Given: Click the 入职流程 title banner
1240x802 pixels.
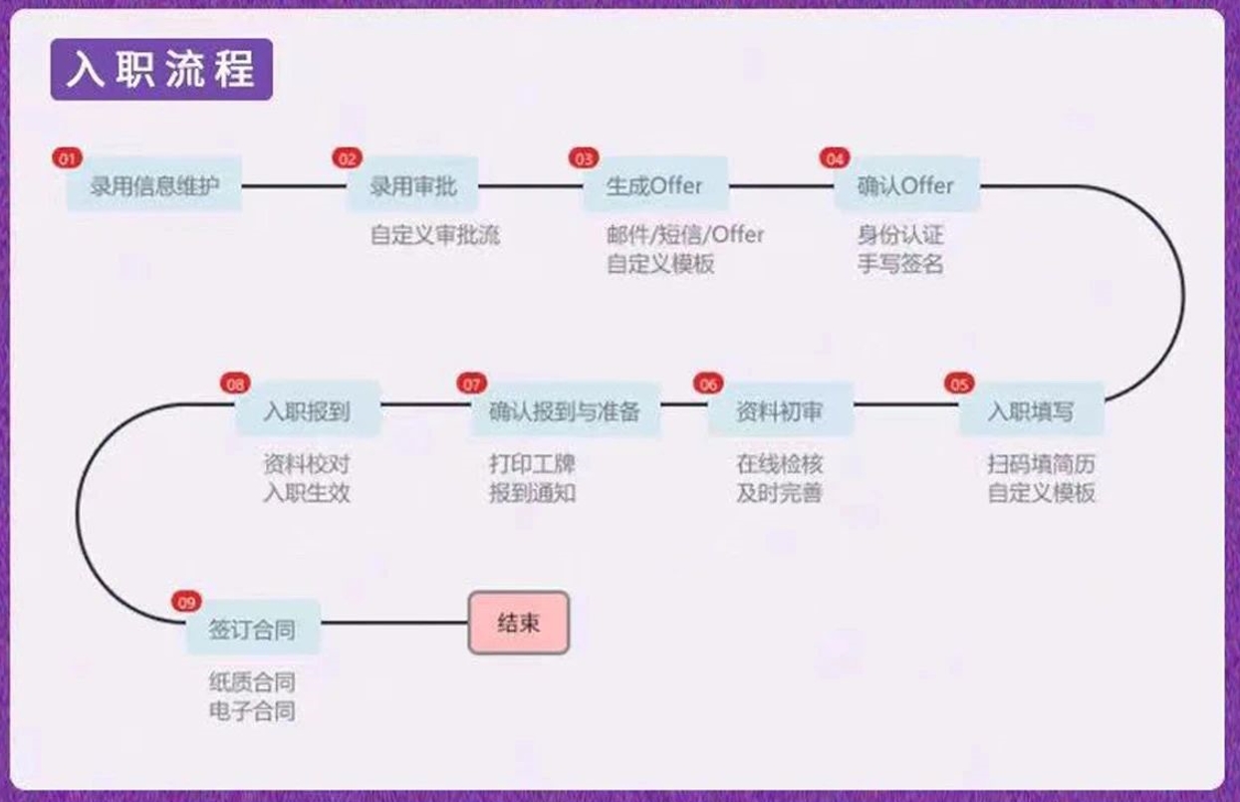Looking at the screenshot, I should coord(161,70).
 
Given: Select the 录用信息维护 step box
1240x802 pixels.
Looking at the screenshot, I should coord(154,185).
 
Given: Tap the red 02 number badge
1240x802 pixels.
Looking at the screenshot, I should coord(347,158).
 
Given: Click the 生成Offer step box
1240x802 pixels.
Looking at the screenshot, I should coord(654,185).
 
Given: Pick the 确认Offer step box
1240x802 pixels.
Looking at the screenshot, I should coord(905,185).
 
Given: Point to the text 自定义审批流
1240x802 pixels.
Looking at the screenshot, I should coord(435,236).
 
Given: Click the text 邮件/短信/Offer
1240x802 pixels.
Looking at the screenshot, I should coord(685,236).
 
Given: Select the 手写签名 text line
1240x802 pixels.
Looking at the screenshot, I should coord(900,265).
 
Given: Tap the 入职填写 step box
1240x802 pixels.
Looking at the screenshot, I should coord(1031,410).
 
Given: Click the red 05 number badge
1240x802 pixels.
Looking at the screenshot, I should coord(959,384).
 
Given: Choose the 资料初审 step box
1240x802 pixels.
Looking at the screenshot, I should coord(780,410).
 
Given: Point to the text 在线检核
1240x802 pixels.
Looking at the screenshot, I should coord(780,464).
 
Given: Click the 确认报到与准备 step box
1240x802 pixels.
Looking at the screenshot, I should coord(564,410).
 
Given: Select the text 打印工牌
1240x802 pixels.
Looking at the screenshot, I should coord(532,464).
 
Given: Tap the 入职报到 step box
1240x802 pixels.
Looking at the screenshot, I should coord(307,410).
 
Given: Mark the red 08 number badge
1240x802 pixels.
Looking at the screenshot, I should coord(235,384).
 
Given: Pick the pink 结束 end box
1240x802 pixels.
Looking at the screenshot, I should coord(519,624).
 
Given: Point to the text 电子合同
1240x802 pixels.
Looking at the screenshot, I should coord(252,711).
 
